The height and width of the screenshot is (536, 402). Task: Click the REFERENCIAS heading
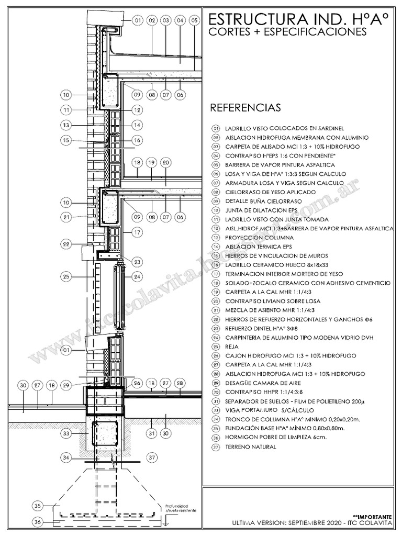click(x=245, y=108)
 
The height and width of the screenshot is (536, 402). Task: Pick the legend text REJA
click(x=231, y=347)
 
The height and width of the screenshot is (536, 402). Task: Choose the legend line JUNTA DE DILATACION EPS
click(x=258, y=210)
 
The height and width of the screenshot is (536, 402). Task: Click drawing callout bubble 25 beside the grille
click(x=66, y=276)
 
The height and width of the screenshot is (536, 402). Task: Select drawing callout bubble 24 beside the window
click(x=138, y=276)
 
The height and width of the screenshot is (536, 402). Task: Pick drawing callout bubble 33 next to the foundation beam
click(x=66, y=433)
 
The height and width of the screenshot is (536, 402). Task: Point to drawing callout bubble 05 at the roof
click(x=194, y=20)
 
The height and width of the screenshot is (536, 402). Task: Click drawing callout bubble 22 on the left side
click(x=66, y=243)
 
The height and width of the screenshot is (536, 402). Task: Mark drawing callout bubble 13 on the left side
click(x=66, y=125)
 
